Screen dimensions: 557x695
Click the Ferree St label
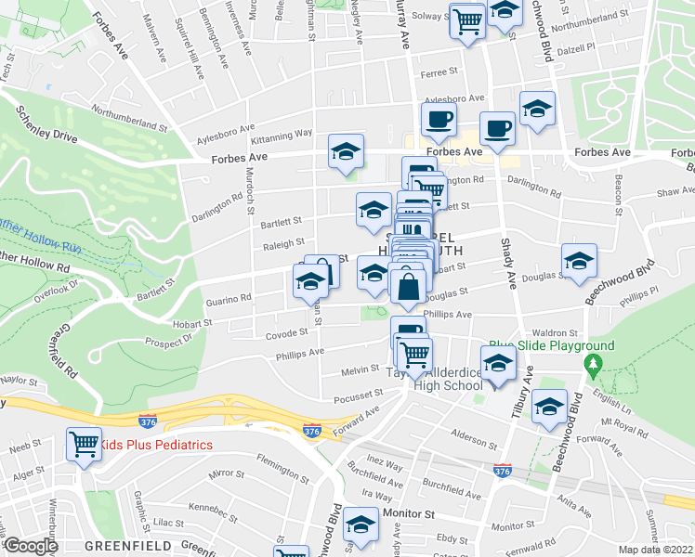pyautogui.click(x=439, y=71)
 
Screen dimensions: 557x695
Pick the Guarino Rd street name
pyautogui.click(x=229, y=299)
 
